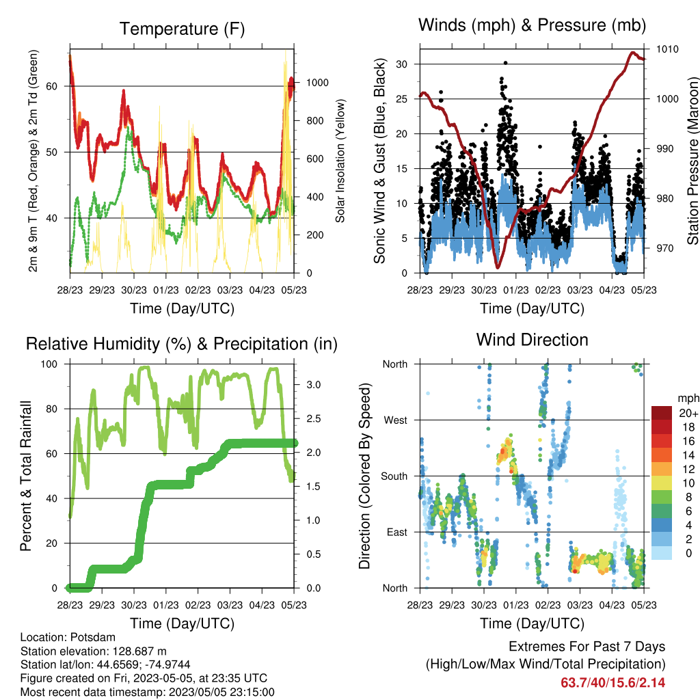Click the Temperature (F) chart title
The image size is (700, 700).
(182, 29)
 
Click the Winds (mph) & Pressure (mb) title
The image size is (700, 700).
(532, 25)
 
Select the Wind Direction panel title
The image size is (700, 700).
(532, 340)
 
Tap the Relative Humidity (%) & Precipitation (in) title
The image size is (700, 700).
(182, 345)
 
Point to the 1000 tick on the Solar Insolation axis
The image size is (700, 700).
(317, 83)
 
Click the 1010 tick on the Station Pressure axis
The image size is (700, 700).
(667, 49)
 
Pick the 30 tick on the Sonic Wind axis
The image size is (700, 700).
(402, 64)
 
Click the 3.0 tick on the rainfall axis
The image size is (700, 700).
(313, 385)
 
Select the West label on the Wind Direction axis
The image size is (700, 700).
(396, 420)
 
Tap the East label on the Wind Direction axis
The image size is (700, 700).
(397, 532)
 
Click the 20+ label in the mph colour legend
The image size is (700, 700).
(688, 413)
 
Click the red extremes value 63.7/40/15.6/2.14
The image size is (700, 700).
(613, 683)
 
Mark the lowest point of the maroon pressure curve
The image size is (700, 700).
(498, 267)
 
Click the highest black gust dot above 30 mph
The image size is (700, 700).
(505, 63)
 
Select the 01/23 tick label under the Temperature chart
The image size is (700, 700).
(166, 290)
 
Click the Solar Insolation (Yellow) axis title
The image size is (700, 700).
(340, 161)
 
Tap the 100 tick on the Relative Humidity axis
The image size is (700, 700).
(49, 364)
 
